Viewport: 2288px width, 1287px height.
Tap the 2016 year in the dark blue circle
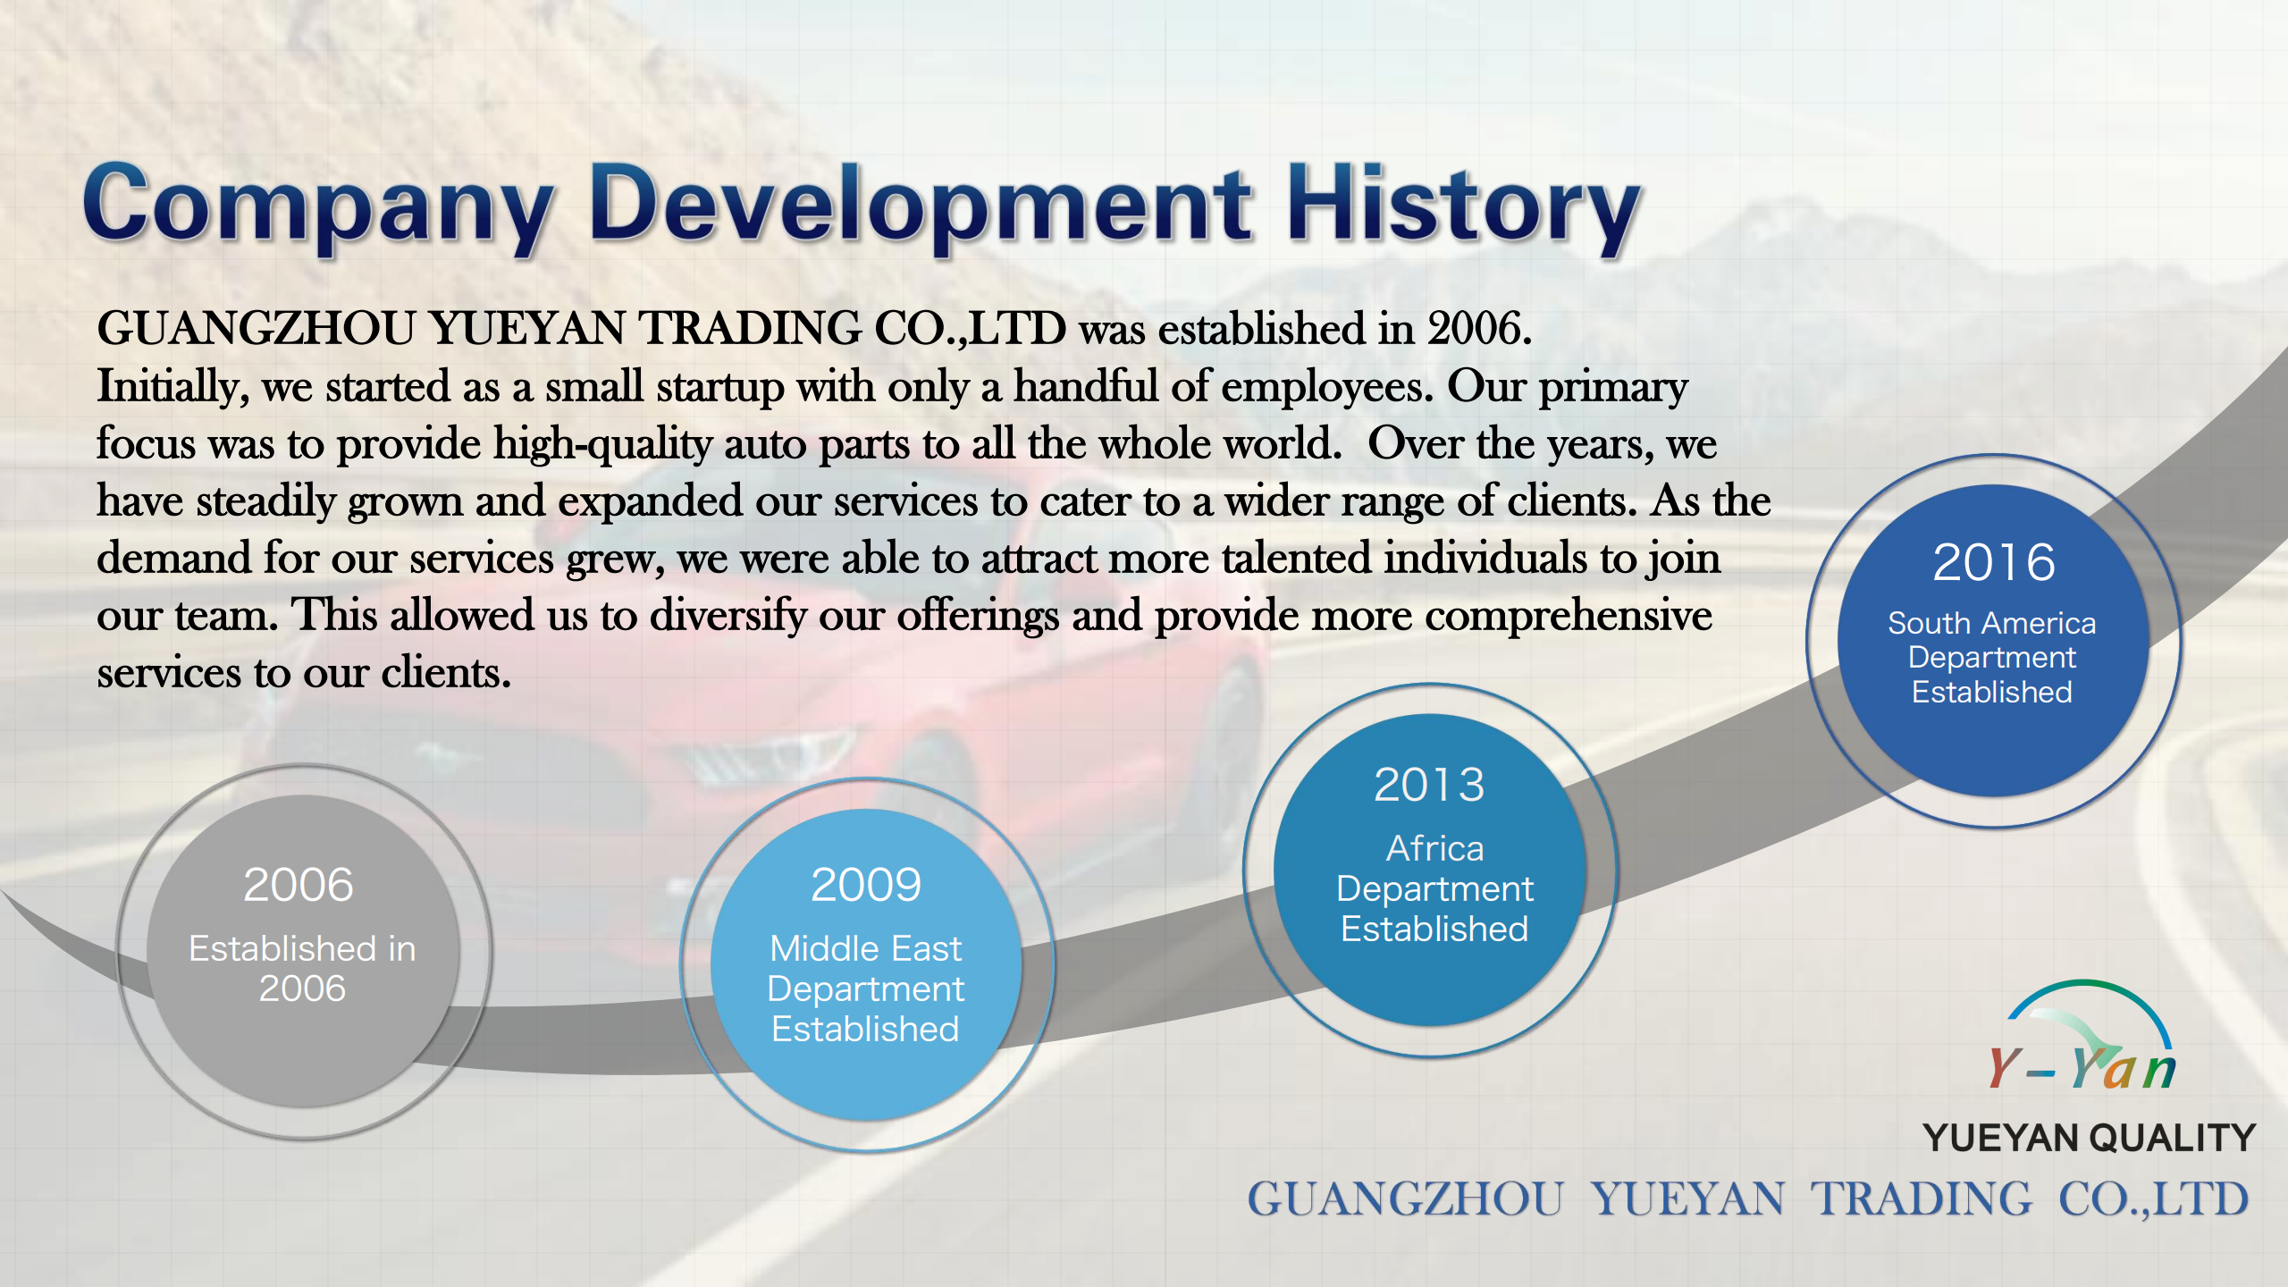(1993, 562)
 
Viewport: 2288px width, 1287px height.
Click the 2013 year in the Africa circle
(1429, 785)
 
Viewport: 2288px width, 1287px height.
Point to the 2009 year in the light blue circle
(866, 885)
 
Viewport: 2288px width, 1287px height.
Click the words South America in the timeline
(1991, 623)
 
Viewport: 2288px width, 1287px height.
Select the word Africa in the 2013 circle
(1434, 848)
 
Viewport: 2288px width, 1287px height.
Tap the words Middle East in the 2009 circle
(866, 948)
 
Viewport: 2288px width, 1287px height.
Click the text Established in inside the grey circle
(302, 948)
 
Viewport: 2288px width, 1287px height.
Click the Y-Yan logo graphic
(2082, 1037)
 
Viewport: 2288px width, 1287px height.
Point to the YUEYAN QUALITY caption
(2090, 1138)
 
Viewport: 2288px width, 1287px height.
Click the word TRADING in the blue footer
(1922, 1199)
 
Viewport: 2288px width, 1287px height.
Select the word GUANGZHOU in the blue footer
(1405, 1199)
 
